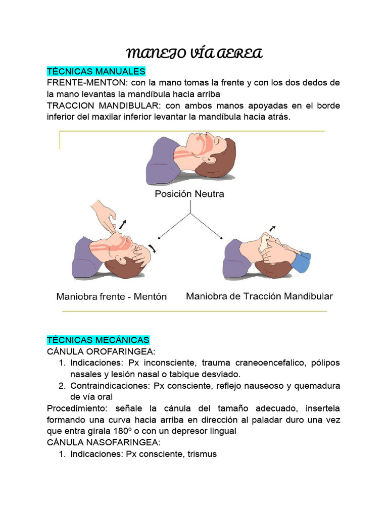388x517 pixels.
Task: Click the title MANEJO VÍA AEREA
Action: [193, 54]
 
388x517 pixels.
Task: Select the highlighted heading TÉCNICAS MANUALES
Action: [96, 71]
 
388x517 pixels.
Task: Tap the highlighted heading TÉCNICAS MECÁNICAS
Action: [98, 340]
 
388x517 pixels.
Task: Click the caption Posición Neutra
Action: [189, 194]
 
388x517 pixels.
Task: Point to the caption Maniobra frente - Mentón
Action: [111, 296]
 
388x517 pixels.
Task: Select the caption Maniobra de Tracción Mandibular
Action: [259, 296]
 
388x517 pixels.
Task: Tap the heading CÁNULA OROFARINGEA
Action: [101, 351]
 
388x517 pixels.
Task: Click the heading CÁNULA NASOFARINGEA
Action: [103, 442]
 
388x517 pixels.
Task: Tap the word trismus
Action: [202, 454]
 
